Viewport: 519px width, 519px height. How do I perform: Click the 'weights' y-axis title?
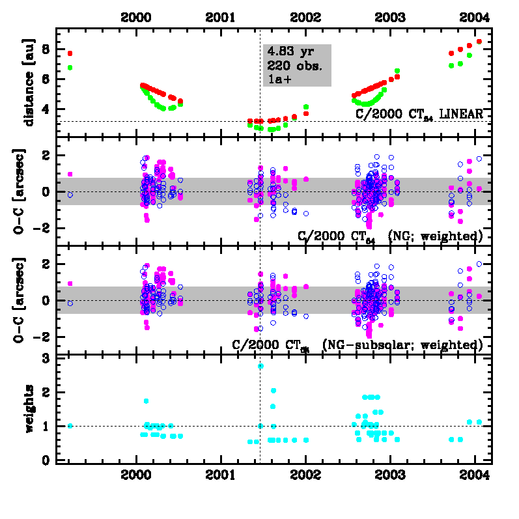pos(30,408)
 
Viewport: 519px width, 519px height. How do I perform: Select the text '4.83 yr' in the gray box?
pos(287,52)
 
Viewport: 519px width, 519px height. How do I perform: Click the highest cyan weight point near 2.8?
pos(260,366)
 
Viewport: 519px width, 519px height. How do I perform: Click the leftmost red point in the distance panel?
pos(70,53)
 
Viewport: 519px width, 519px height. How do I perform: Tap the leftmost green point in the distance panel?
pos(70,68)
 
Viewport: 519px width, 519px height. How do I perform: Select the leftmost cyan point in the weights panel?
pos(70,426)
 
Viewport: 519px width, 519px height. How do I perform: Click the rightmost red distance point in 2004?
pos(479,42)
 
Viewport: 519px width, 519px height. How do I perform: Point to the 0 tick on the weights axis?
pos(46,460)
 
